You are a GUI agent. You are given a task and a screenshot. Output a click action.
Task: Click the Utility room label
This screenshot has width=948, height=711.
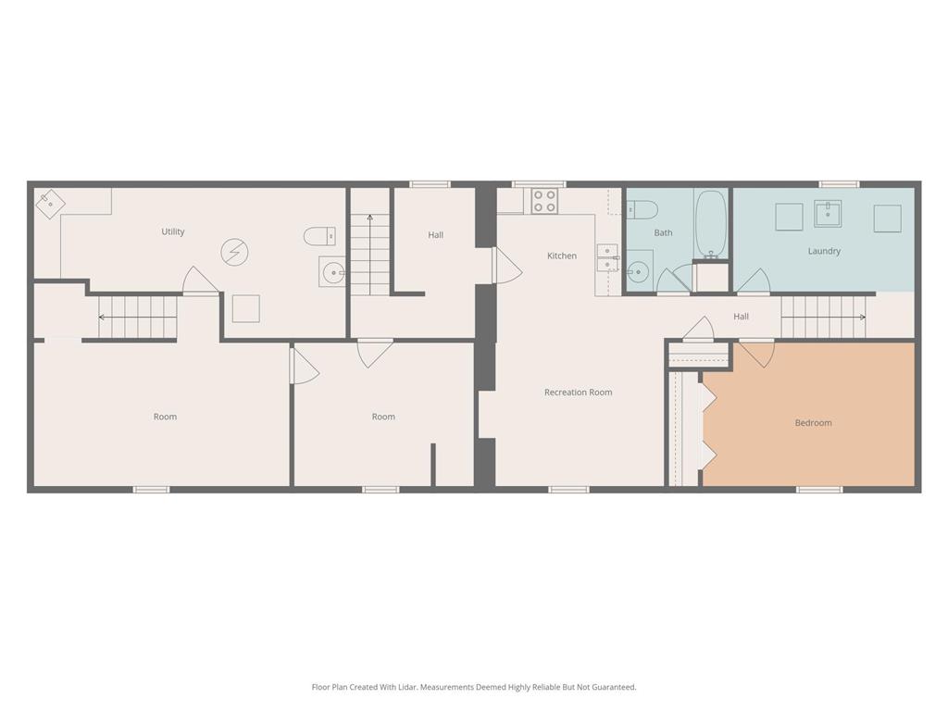(173, 231)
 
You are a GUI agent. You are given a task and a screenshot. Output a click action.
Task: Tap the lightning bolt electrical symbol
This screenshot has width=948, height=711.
(234, 252)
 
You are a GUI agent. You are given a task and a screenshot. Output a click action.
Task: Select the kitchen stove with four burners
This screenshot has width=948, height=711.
(544, 201)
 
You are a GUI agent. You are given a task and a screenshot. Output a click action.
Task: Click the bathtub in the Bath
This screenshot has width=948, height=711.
(710, 224)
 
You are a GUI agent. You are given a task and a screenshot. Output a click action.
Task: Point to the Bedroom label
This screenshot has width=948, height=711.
(813, 422)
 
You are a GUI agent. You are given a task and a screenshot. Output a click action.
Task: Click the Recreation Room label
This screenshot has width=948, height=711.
(578, 393)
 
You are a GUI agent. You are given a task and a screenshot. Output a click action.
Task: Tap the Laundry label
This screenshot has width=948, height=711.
(824, 251)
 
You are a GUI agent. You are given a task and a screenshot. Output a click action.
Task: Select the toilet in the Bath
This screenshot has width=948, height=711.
(642, 210)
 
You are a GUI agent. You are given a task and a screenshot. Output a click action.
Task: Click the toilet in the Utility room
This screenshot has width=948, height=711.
(319, 236)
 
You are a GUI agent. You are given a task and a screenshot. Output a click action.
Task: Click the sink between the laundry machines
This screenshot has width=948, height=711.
(828, 214)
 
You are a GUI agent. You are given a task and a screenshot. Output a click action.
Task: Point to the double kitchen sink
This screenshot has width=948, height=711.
(607, 258)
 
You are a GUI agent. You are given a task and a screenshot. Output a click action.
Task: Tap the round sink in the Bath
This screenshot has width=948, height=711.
(639, 272)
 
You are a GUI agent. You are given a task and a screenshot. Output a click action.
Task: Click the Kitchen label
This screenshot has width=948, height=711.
(562, 256)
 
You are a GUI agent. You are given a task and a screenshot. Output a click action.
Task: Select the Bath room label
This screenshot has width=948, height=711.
(663, 232)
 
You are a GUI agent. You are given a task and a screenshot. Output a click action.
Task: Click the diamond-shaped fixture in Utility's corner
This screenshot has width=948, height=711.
(50, 204)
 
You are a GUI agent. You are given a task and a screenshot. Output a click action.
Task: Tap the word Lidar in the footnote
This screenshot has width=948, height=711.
(406, 687)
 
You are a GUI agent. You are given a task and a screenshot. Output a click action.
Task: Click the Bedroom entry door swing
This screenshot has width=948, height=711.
(756, 354)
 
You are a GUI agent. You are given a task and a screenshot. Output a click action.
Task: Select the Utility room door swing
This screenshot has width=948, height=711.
(201, 280)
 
